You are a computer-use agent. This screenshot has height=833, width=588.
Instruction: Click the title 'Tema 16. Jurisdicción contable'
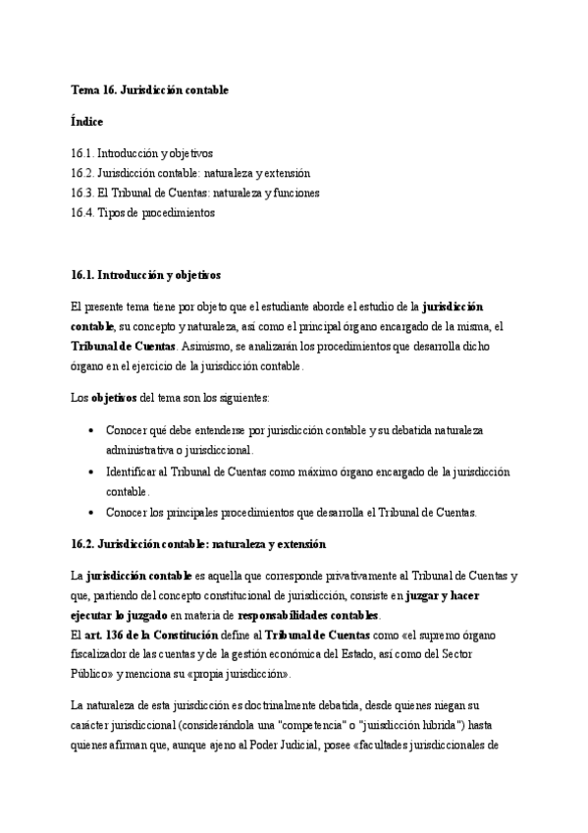pyautogui.click(x=149, y=89)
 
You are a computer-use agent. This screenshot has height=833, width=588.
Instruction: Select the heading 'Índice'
pyautogui.click(x=87, y=121)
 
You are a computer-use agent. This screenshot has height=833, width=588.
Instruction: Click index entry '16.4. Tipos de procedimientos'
pyautogui.click(x=142, y=211)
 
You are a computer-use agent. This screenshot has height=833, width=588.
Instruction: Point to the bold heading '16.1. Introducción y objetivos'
pyautogui.click(x=147, y=272)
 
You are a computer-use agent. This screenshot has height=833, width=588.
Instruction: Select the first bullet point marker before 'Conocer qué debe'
pyautogui.click(x=90, y=431)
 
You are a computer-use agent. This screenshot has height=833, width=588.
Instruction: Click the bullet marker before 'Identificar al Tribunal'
pyautogui.click(x=90, y=472)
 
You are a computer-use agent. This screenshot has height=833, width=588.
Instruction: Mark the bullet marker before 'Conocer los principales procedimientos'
pyautogui.click(x=90, y=513)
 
